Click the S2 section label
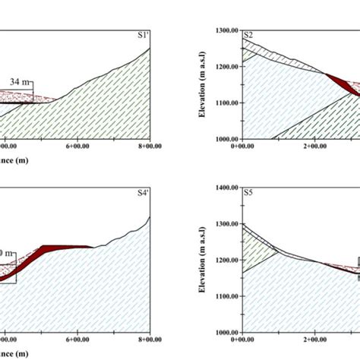pyautogui.click(x=248, y=35)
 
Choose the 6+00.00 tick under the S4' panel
pyautogui.click(x=79, y=341)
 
